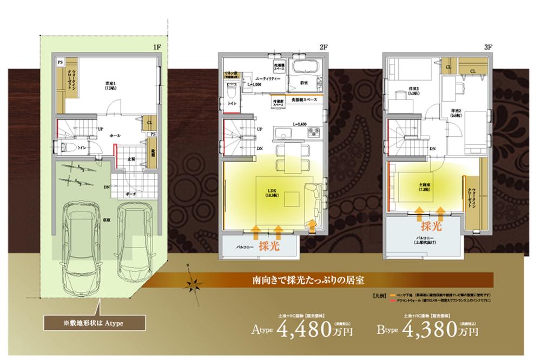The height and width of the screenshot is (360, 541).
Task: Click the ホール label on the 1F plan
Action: tap(115, 135)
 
